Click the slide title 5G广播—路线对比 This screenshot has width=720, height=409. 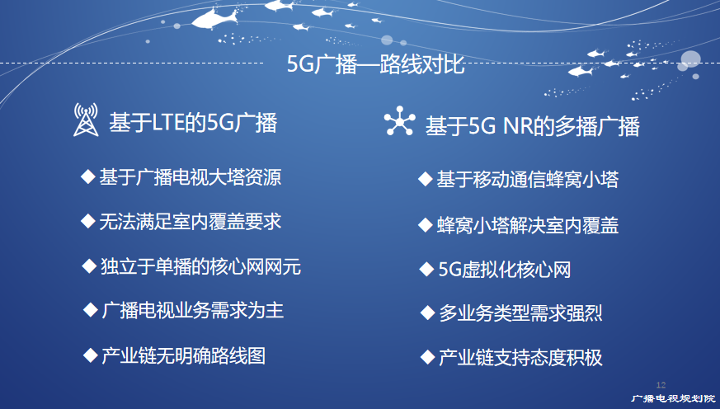coord(375,64)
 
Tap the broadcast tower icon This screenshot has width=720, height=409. coord(86,120)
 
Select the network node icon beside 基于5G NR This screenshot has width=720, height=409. coord(399,121)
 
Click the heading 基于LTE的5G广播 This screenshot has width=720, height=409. coord(193,123)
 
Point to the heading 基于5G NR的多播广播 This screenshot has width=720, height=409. coord(532,126)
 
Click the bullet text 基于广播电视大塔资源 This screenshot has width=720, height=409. coord(190,177)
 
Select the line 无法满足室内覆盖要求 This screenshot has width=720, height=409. coord(190,222)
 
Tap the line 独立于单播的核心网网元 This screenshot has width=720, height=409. coord(200,266)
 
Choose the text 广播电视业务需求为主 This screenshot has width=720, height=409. coord(192,310)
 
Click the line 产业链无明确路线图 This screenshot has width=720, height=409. coord(184,355)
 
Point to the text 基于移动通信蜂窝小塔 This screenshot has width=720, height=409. coord(527,180)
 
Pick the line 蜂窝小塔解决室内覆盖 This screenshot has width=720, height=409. coord(528,225)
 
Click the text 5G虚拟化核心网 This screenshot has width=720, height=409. coord(505,270)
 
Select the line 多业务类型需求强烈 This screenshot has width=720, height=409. coord(520,313)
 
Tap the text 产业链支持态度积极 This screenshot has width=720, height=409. coord(520,358)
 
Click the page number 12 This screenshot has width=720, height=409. coord(661,384)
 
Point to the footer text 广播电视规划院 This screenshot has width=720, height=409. coord(673,398)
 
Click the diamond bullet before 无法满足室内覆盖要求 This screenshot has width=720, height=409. coord(87,221)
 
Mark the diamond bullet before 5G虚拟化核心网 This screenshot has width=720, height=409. coord(426,269)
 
